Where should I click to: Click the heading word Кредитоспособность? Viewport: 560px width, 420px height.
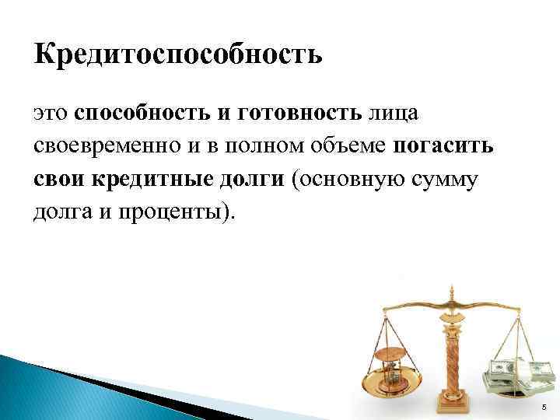point(177,55)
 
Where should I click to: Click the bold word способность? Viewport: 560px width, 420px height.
point(143,114)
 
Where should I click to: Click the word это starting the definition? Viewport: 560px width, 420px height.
point(52,114)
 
